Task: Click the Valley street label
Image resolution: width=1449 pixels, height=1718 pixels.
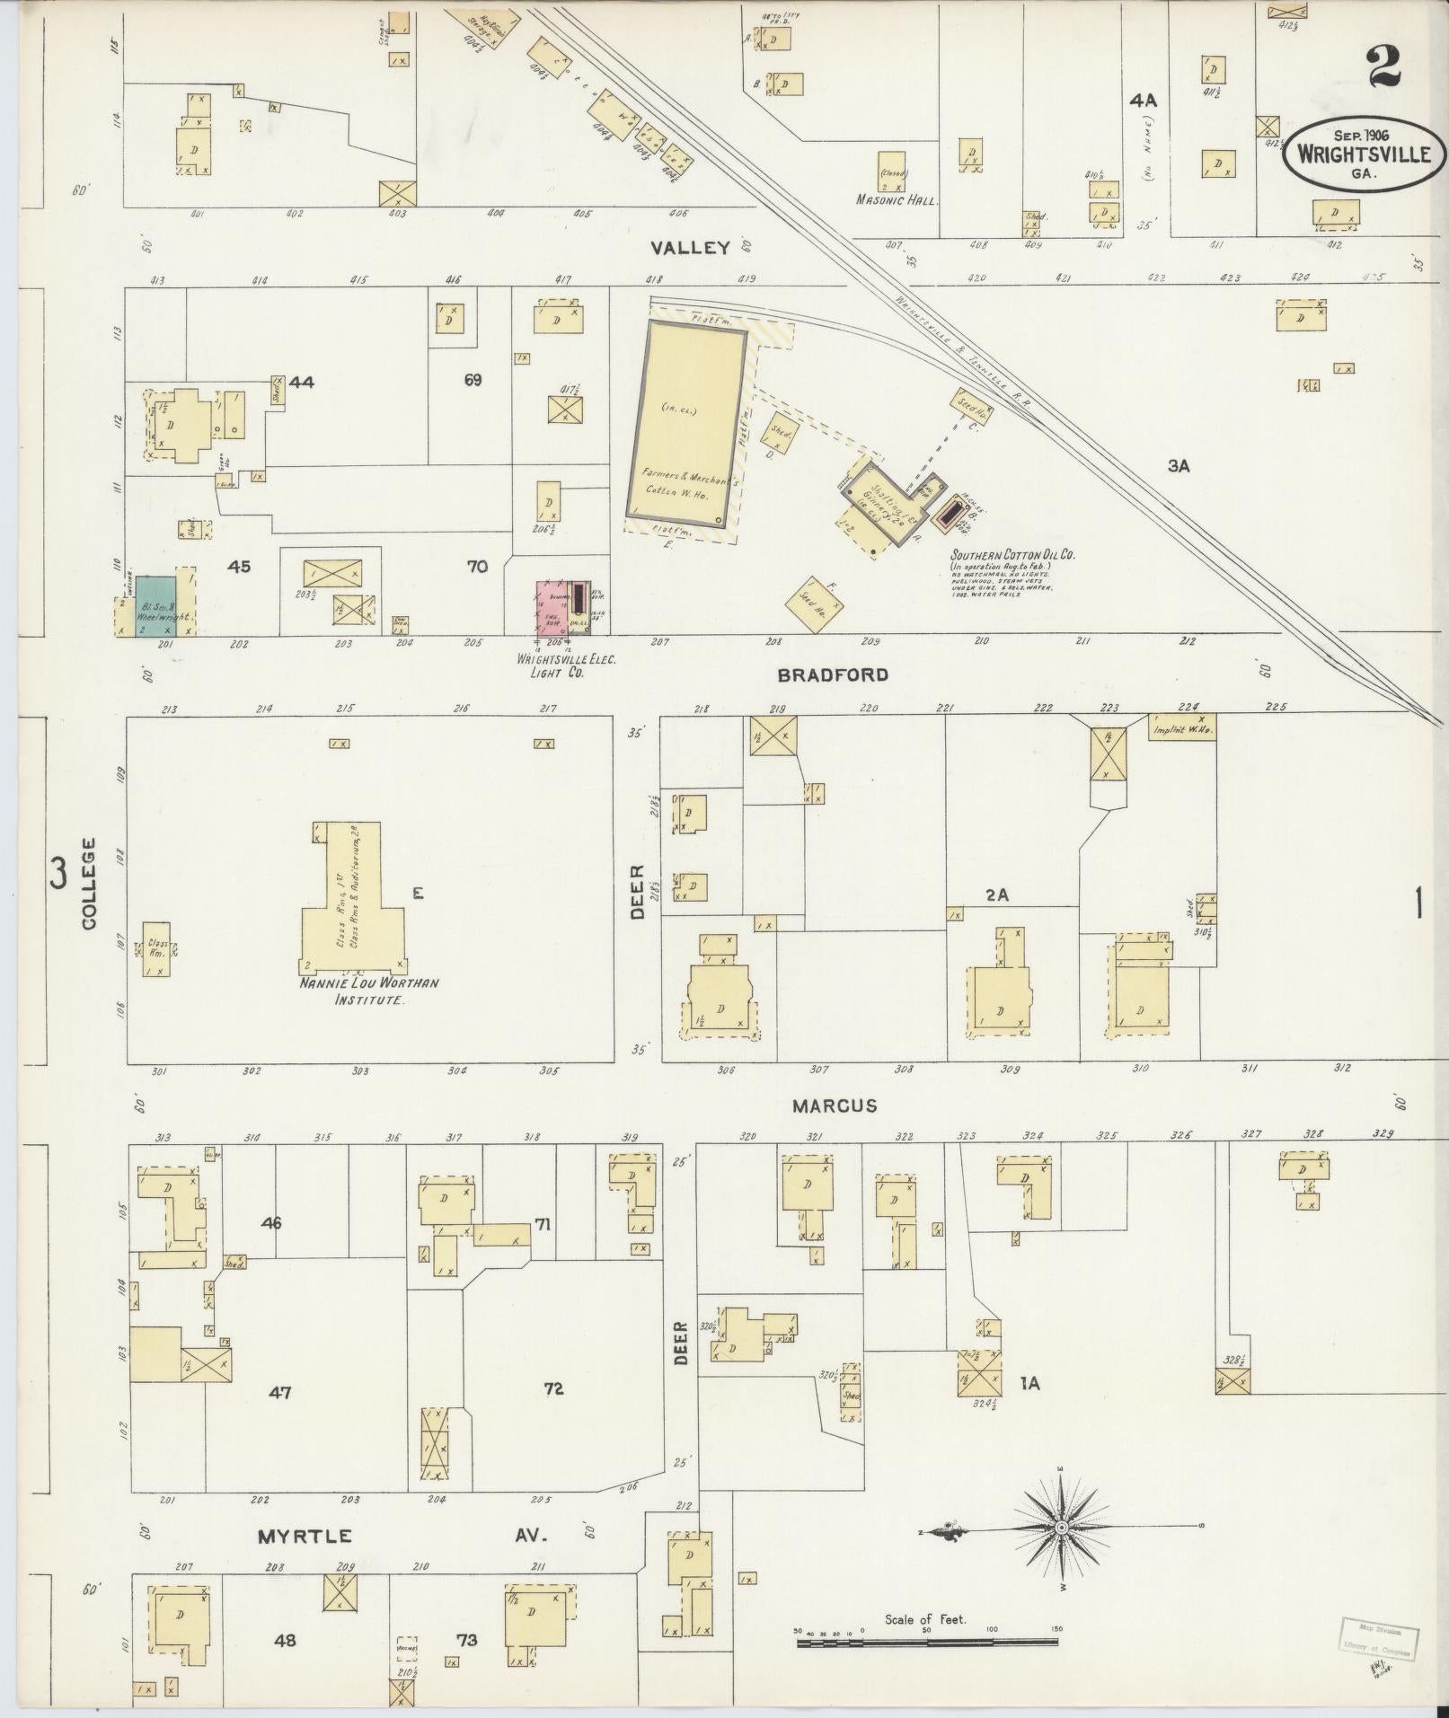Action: [691, 248]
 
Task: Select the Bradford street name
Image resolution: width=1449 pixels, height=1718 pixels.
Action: [833, 674]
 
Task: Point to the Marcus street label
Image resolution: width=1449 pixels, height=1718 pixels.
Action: [835, 1106]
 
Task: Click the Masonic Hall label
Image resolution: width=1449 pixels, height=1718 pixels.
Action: [897, 200]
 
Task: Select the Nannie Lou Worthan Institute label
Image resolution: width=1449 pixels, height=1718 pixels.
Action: [369, 991]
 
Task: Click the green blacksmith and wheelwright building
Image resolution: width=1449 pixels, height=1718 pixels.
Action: [155, 606]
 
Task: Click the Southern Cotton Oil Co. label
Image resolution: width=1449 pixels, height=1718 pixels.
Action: [1012, 555]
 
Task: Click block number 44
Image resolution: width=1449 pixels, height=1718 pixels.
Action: [302, 382]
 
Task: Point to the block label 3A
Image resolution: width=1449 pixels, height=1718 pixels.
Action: [1179, 466]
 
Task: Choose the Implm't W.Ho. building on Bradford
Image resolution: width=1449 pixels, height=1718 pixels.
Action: [1182, 730]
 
